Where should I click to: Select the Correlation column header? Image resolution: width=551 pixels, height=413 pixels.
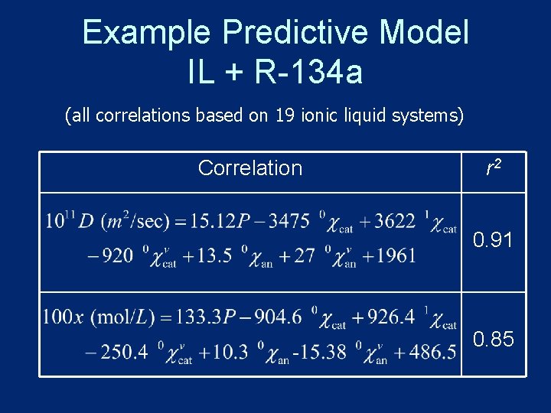[250, 168]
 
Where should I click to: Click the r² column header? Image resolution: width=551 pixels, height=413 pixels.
[494, 167]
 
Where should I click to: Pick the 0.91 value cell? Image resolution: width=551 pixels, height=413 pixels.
[494, 241]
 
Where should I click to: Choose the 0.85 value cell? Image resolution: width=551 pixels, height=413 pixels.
[494, 339]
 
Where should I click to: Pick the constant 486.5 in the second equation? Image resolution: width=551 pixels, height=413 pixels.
[432, 352]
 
